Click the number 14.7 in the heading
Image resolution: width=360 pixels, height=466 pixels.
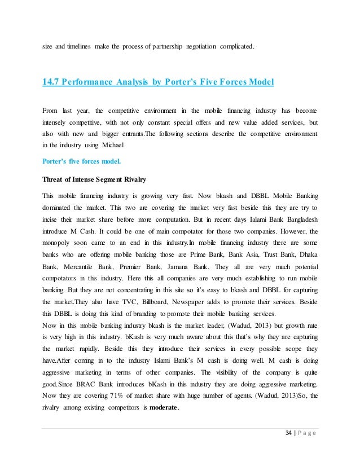[51, 83]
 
